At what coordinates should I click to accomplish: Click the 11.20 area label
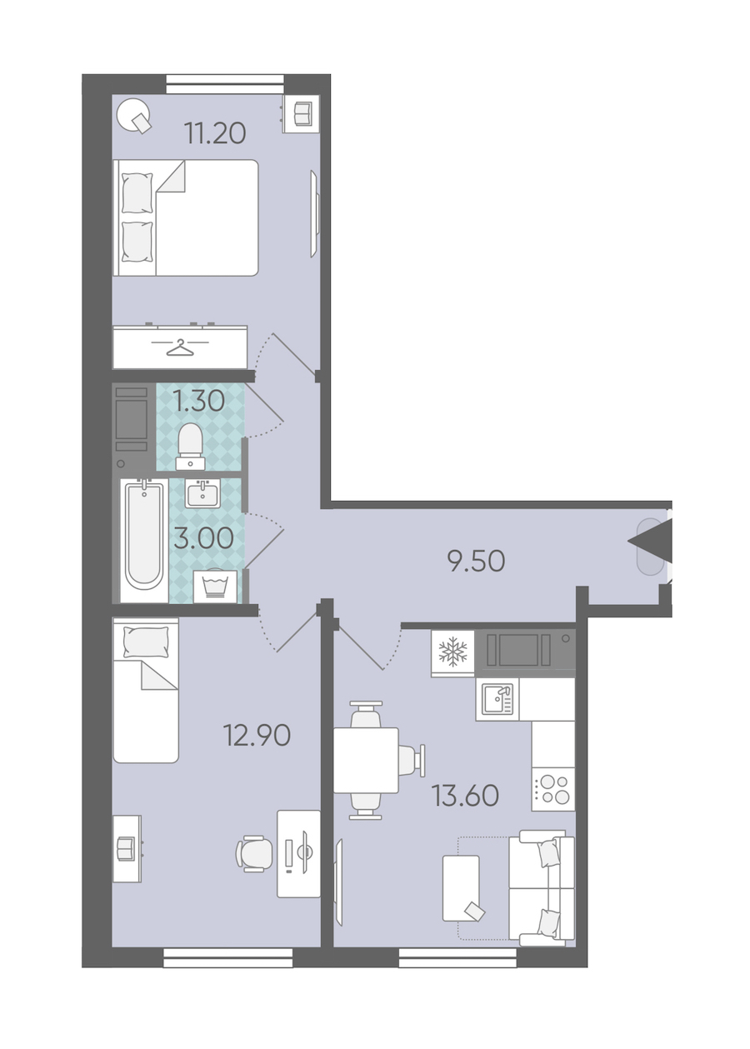pyautogui.click(x=215, y=133)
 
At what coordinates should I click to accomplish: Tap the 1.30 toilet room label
pyautogui.click(x=198, y=402)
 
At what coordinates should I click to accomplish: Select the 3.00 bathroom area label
pyautogui.click(x=203, y=537)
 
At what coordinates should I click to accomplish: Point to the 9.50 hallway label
pyautogui.click(x=476, y=561)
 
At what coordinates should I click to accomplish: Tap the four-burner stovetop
pyautogui.click(x=553, y=789)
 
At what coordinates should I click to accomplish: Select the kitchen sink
pyautogui.click(x=497, y=700)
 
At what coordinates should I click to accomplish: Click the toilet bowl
pyautogui.click(x=190, y=447)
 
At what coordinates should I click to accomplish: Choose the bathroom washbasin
pyautogui.click(x=202, y=493)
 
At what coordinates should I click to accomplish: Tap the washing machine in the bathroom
pyautogui.click(x=215, y=587)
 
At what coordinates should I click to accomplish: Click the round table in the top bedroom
pyautogui.click(x=134, y=115)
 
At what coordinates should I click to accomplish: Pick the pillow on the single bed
pyautogui.click(x=145, y=642)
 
